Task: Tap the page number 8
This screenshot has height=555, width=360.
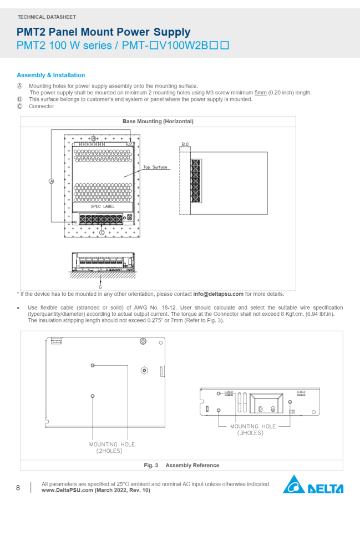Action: [x=18, y=488]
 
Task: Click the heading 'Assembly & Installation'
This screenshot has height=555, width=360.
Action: [x=51, y=75]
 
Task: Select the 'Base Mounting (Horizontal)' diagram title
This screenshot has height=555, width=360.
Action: [x=158, y=121]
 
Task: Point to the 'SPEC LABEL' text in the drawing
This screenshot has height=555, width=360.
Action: [x=103, y=206]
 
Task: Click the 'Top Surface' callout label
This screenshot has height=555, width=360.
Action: [x=155, y=167]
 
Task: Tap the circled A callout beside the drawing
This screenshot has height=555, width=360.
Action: [x=52, y=181]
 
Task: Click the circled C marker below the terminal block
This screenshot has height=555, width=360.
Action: [x=102, y=233]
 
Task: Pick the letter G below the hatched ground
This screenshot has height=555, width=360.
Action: [x=100, y=287]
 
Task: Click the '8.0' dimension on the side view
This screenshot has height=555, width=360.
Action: [x=185, y=144]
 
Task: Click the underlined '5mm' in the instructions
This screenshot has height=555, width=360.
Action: [x=260, y=93]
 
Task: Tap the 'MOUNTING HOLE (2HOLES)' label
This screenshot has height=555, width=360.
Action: [x=111, y=447]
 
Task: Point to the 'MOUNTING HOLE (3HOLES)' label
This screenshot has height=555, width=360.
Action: [x=253, y=429]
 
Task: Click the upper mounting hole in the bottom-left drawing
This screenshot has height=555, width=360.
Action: [x=93, y=365]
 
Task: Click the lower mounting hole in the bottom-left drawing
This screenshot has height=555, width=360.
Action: [x=93, y=396]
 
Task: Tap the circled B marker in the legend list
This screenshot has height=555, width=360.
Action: [x=20, y=99]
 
